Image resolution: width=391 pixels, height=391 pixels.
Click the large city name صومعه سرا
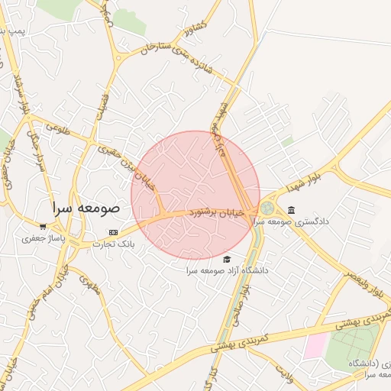[86, 207]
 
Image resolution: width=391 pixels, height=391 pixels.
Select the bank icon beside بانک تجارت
[114, 232]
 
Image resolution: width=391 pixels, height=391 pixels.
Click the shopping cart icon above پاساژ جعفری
[43, 226]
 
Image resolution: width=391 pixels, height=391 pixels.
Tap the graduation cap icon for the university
[226, 259]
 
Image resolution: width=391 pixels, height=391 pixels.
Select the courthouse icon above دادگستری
[291, 210]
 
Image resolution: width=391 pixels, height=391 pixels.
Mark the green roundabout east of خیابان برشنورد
[267, 208]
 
